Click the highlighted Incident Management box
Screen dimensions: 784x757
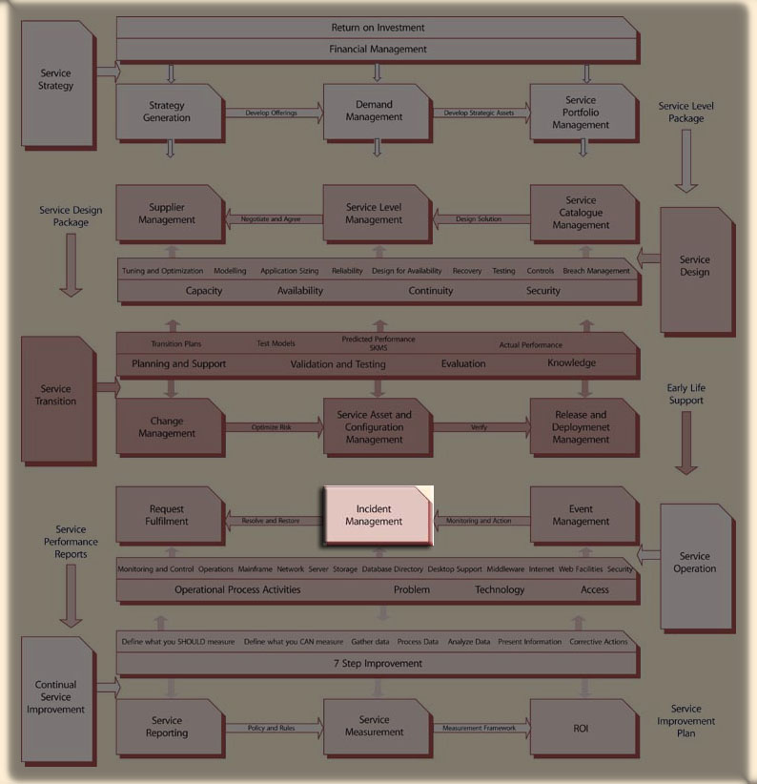[378, 516]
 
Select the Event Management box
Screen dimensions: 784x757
[583, 516]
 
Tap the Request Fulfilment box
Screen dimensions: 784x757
[168, 516]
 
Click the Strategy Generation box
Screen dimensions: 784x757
[168, 113]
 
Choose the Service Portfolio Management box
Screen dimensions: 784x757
[582, 113]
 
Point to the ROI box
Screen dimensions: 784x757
[582, 728]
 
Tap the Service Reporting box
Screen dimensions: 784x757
[168, 728]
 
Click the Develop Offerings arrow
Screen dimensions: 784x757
[273, 113]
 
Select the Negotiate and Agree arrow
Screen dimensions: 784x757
[272, 219]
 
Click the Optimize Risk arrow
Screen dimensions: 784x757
[273, 427]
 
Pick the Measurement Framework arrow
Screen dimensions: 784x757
[479, 729]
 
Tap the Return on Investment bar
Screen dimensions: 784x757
[378, 28]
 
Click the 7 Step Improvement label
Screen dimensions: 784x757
[378, 663]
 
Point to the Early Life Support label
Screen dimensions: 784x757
[686, 394]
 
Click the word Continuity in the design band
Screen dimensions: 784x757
[431, 291]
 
